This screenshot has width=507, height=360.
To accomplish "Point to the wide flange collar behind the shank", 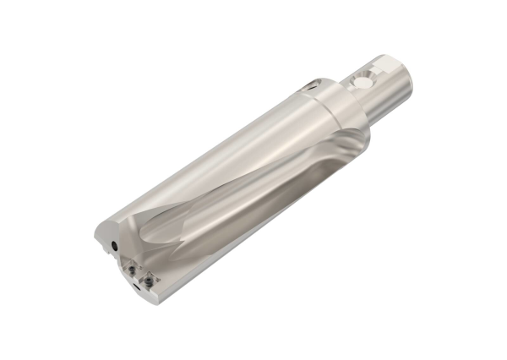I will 338,106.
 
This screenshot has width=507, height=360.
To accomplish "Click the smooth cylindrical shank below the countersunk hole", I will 380,97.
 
